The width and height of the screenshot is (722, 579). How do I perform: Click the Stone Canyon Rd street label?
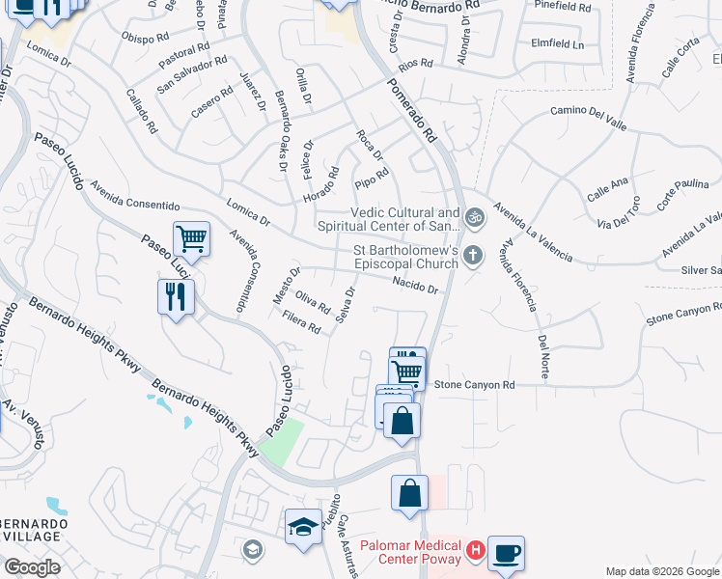(x=474, y=385)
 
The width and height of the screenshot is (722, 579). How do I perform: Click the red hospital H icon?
(x=475, y=551)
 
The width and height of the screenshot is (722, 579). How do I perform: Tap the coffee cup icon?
(x=506, y=554)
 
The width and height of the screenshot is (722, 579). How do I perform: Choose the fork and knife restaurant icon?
(x=176, y=296)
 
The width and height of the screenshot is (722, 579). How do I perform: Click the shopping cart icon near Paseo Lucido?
(x=191, y=238)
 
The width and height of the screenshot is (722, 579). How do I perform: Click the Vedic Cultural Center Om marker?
(x=472, y=217)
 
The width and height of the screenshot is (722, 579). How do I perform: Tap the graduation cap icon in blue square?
(x=302, y=528)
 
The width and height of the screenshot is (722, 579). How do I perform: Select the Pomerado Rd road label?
(x=412, y=105)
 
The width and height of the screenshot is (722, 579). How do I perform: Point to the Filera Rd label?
(x=301, y=322)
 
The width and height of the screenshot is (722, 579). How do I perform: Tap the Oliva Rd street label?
(x=313, y=302)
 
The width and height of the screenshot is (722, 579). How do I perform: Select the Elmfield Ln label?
(x=558, y=44)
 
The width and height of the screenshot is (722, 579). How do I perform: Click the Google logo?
(x=32, y=567)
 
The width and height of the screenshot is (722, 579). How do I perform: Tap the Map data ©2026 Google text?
(x=661, y=571)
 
